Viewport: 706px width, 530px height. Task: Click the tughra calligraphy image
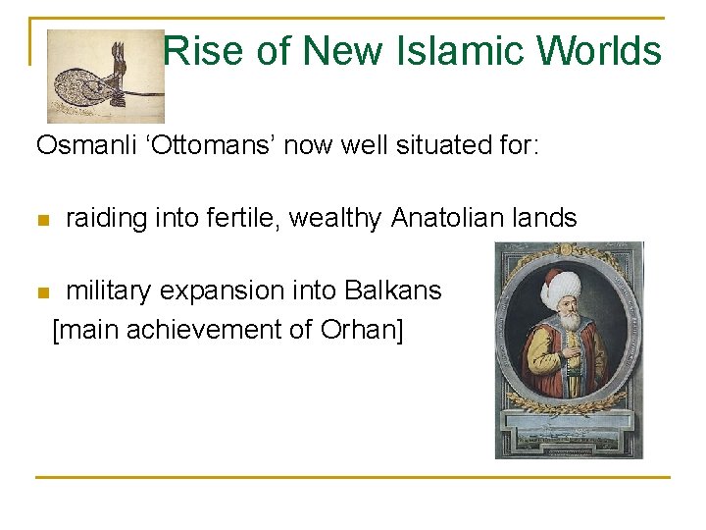(105, 76)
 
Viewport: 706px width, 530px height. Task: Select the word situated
(441, 146)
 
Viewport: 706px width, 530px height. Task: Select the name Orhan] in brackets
(362, 329)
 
